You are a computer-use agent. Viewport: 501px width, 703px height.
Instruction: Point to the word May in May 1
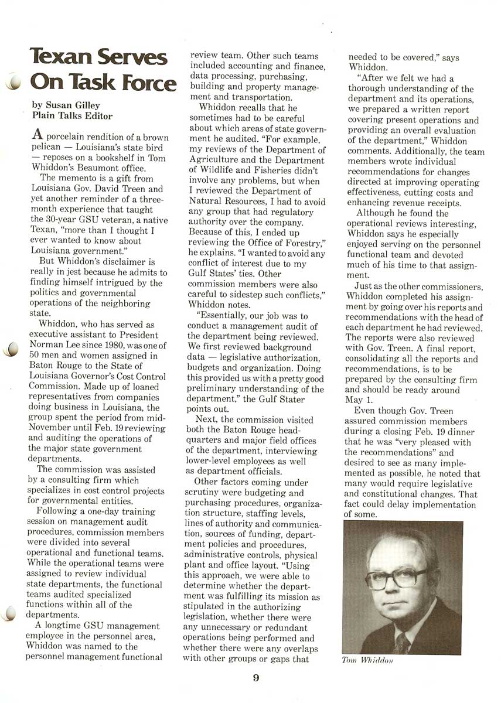[x=354, y=400]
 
